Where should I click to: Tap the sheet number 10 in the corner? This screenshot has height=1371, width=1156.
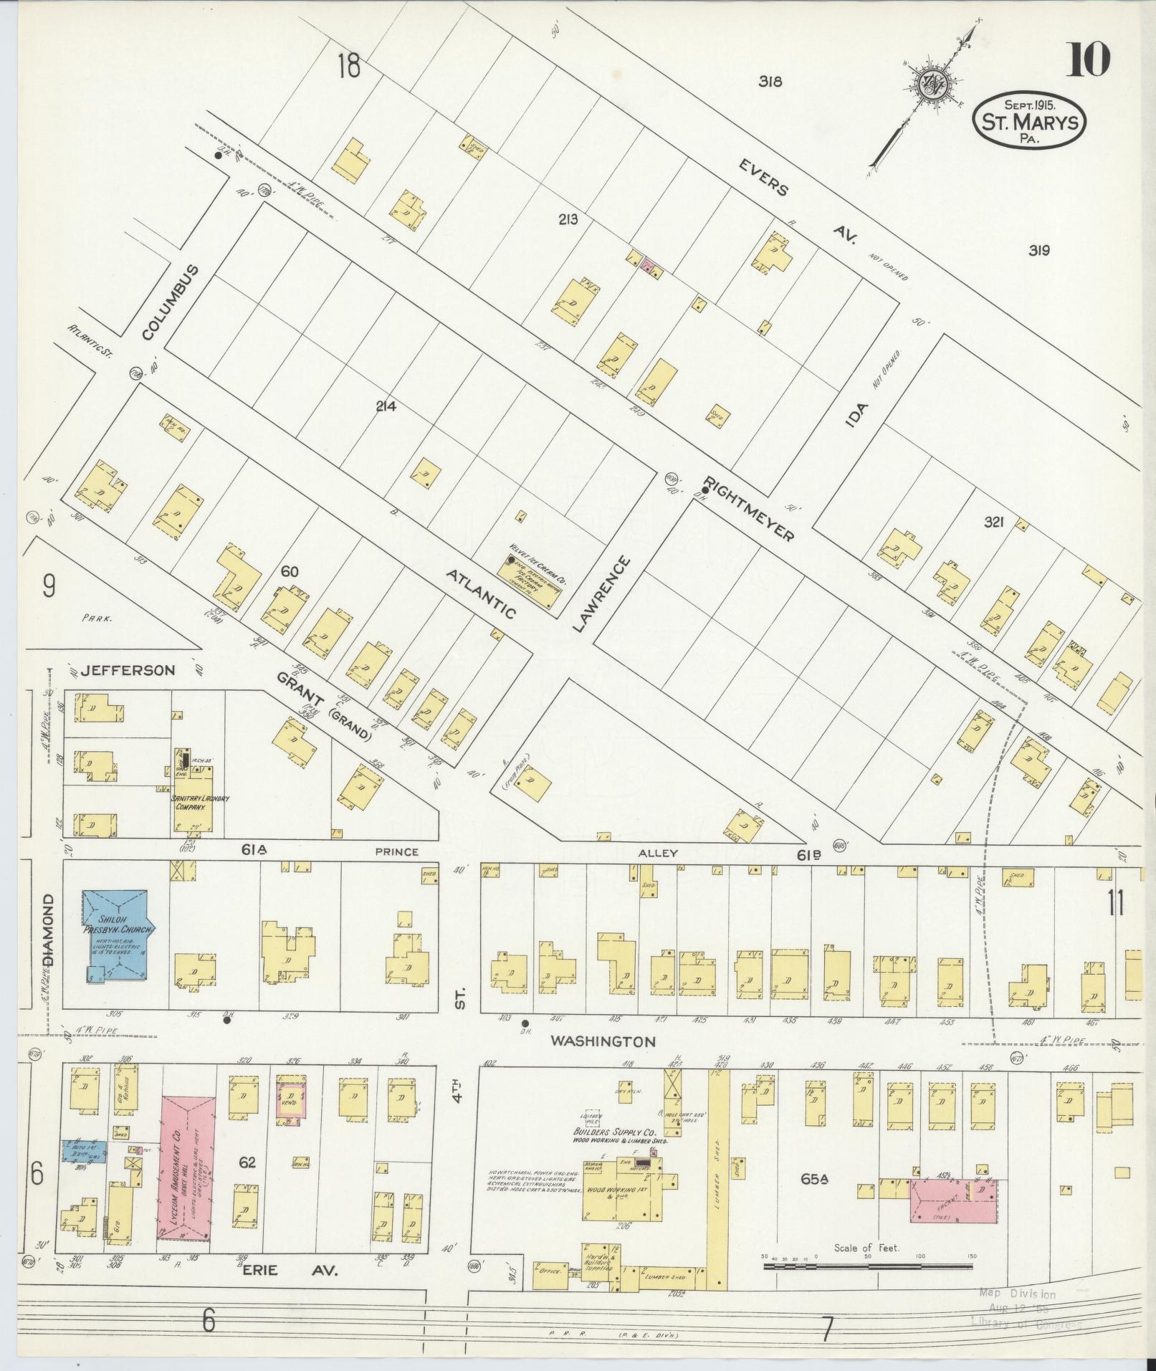pyautogui.click(x=1088, y=59)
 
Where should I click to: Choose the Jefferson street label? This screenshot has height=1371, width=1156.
pyautogui.click(x=128, y=671)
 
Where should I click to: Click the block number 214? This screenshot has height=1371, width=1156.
pyautogui.click(x=386, y=407)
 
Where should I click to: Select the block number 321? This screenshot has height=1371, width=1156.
pyautogui.click(x=994, y=523)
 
